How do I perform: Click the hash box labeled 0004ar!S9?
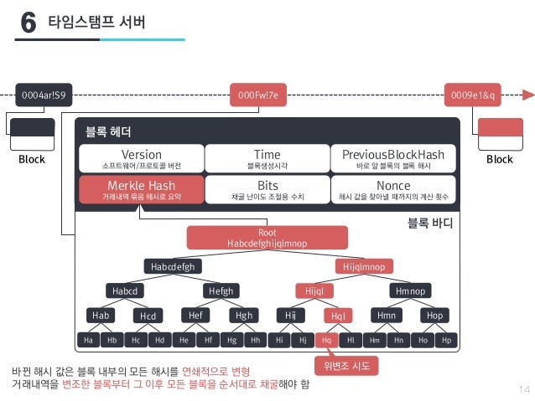point(41,95)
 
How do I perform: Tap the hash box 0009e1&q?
point(475,95)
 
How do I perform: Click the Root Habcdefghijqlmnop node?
point(267,238)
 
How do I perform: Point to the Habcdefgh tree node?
point(173,266)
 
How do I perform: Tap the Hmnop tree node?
point(411,290)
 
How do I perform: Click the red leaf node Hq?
point(326,341)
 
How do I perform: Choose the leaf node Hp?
point(447,341)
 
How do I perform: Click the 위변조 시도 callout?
point(345,366)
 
